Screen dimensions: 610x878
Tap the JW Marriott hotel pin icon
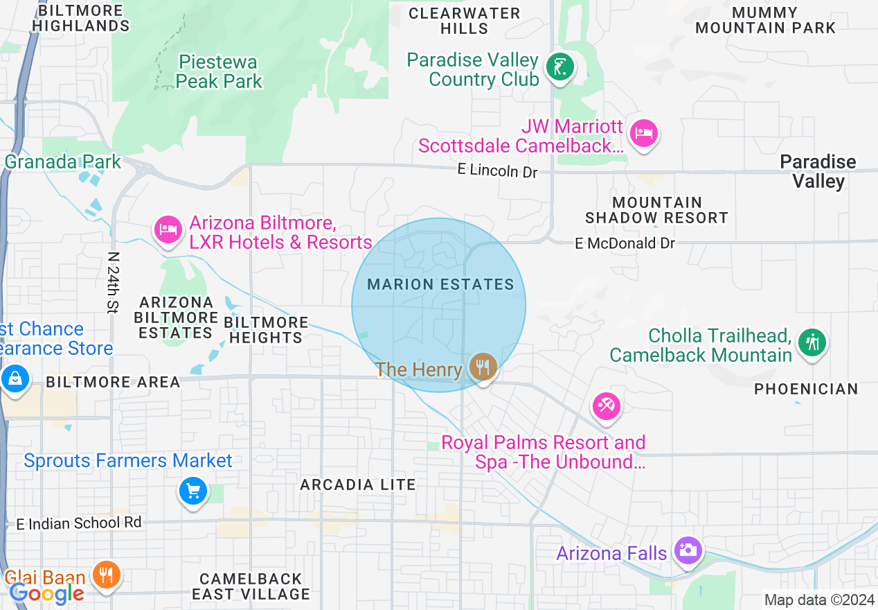pyautogui.click(x=644, y=132)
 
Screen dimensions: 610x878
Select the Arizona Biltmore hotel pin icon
pyautogui.click(x=168, y=229)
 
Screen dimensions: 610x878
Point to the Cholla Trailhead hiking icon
pyautogui.click(x=811, y=342)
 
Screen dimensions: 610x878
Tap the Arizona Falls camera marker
pyautogui.click(x=688, y=551)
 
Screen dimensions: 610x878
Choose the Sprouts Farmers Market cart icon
pyautogui.click(x=192, y=491)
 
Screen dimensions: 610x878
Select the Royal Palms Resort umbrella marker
pyautogui.click(x=607, y=406)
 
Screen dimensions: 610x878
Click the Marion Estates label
pyautogui.click(x=440, y=285)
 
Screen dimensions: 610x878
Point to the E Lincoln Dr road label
pyautogui.click(x=497, y=170)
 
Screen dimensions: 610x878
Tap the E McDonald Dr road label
pyautogui.click(x=625, y=243)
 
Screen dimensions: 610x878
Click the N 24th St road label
pyautogui.click(x=113, y=282)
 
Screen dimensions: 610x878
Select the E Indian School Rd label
pyautogui.click(x=79, y=523)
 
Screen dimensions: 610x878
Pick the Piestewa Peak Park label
pyautogui.click(x=219, y=72)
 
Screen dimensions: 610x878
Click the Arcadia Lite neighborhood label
pyautogui.click(x=357, y=485)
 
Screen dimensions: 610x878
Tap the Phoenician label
pyautogui.click(x=806, y=390)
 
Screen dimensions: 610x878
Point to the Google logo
pyautogui.click(x=46, y=593)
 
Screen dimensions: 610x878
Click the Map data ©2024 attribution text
pyautogui.click(x=819, y=600)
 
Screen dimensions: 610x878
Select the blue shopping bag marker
pyautogui.click(x=14, y=378)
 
